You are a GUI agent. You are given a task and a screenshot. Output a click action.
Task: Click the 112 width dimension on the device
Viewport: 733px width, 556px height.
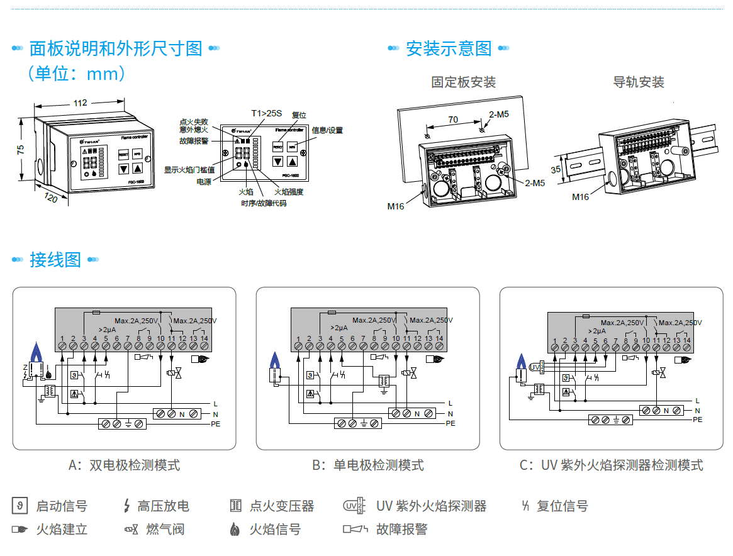tap(80, 103)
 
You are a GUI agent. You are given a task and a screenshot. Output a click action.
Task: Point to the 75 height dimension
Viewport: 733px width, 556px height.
tap(21, 149)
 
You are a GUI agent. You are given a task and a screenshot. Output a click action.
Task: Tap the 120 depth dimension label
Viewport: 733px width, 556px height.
tap(51, 197)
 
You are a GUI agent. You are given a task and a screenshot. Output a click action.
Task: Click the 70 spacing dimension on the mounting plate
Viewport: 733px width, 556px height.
tap(452, 120)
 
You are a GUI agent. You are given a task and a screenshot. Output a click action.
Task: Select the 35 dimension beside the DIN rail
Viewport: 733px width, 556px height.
tap(556, 170)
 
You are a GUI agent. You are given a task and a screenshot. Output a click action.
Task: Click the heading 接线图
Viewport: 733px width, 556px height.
tap(55, 260)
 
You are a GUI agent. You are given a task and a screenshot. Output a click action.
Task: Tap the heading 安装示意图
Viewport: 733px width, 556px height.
tap(448, 48)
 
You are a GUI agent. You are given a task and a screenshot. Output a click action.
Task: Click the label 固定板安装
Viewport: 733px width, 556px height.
tap(463, 82)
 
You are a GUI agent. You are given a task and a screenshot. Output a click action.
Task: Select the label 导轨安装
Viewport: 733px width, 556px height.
tap(639, 82)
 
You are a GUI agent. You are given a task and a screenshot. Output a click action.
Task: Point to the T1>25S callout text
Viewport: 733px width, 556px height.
tap(267, 113)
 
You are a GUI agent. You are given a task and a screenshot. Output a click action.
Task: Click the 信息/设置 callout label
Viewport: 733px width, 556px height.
tap(327, 130)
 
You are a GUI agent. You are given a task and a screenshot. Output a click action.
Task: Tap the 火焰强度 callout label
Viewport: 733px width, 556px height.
tap(289, 192)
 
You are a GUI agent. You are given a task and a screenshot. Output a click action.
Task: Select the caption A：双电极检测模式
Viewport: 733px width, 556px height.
tap(124, 465)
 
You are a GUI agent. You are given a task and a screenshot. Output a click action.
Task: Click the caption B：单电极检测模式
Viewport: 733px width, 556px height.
tap(368, 465)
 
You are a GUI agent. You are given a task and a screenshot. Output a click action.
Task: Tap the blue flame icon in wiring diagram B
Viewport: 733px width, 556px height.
tap(274, 360)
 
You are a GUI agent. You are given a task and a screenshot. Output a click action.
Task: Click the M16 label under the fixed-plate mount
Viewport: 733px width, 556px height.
tap(396, 206)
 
